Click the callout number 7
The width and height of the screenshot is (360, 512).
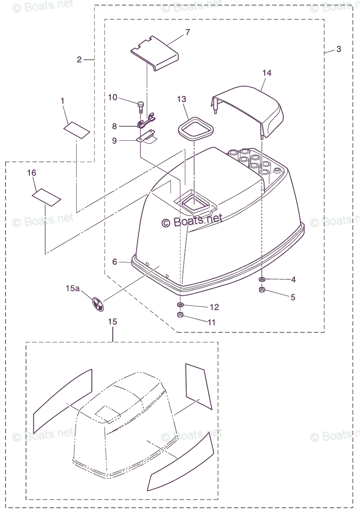pos(188,32)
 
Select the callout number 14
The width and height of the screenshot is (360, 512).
pos(267,73)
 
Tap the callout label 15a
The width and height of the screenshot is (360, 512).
pos(73,289)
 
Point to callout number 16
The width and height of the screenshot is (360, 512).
pos(32,173)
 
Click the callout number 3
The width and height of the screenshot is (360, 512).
pos(339,49)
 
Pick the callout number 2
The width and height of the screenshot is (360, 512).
pos(79,60)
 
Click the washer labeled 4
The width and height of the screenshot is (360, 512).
pos(262,279)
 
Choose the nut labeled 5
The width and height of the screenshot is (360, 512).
pos(262,291)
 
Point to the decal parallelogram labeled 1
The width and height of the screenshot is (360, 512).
pos(77,130)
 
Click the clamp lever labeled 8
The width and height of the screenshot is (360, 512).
pos(146,123)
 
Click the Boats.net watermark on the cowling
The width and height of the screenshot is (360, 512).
pos(192,220)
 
